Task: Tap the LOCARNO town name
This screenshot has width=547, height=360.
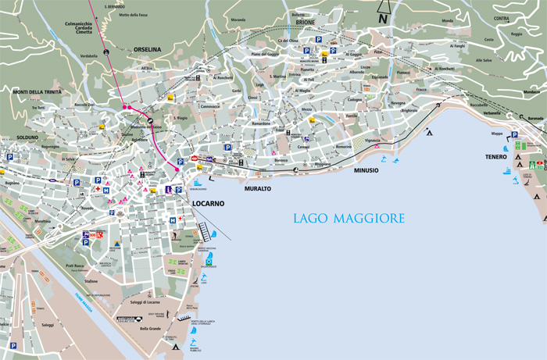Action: pos(208,203)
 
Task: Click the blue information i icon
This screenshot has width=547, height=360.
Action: pos(169,189)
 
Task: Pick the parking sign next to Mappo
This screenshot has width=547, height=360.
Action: pos(513,134)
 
